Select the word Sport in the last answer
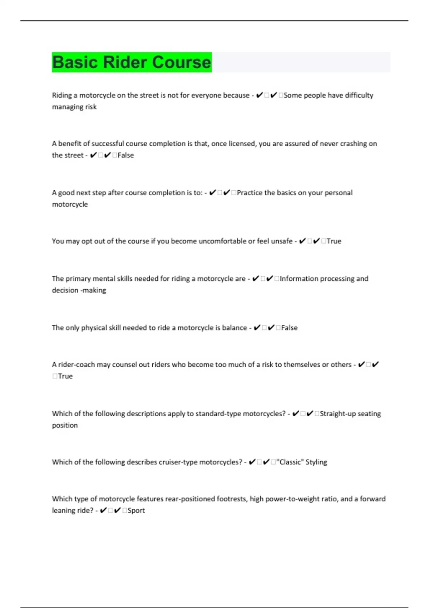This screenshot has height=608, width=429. (136, 510)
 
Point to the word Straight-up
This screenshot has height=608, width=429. (338, 414)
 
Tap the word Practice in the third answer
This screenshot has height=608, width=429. (250, 193)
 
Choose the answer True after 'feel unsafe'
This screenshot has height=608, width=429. (334, 241)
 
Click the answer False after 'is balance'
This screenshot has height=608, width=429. (289, 328)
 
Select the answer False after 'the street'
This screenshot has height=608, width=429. (125, 155)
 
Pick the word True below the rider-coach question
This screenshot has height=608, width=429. (65, 376)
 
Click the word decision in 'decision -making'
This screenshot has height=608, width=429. (65, 290)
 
